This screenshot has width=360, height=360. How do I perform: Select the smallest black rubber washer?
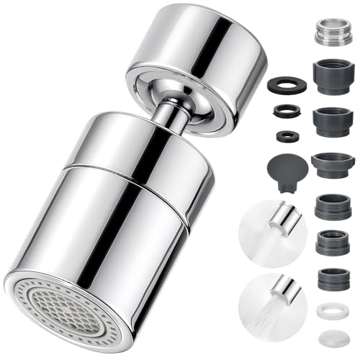pos(287,135)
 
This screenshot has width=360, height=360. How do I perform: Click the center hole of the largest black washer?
pos(287,85)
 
